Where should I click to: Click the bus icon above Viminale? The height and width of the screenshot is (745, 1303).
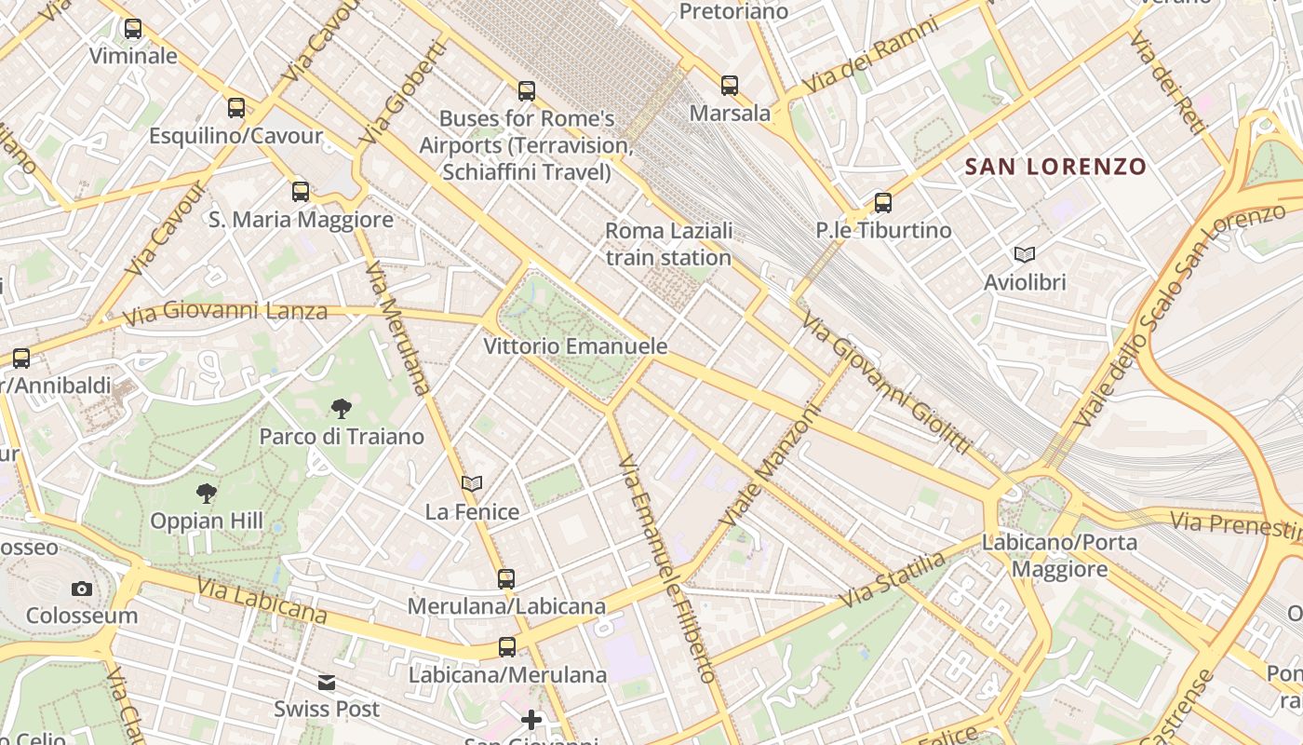tap(133, 29)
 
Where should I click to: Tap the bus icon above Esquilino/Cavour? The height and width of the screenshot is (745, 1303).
tap(236, 108)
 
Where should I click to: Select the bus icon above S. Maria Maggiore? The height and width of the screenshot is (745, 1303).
tap(301, 192)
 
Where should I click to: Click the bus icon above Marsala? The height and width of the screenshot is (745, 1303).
tap(730, 86)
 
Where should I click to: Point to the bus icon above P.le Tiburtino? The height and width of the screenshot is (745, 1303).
tap(883, 202)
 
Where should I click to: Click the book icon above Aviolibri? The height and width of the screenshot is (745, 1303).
tap(1025, 254)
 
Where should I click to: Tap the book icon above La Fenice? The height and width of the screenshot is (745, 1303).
tap(472, 483)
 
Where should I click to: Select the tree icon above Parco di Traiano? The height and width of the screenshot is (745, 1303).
tap(342, 408)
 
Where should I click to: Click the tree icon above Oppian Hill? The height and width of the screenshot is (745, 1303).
tap(207, 494)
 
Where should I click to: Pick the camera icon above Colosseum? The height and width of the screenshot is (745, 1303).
tap(82, 589)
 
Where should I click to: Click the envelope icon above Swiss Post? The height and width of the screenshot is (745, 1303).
tap(327, 683)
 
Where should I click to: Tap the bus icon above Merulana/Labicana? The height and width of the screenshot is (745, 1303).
tap(506, 579)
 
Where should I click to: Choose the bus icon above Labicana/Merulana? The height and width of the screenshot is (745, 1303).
tap(507, 646)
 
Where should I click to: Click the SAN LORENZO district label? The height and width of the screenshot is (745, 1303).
tap(1055, 168)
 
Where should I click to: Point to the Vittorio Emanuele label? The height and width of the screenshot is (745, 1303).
tap(575, 346)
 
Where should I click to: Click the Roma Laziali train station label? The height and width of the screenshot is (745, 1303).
tap(668, 244)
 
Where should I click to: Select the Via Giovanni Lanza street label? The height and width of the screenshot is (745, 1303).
tap(224, 311)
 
